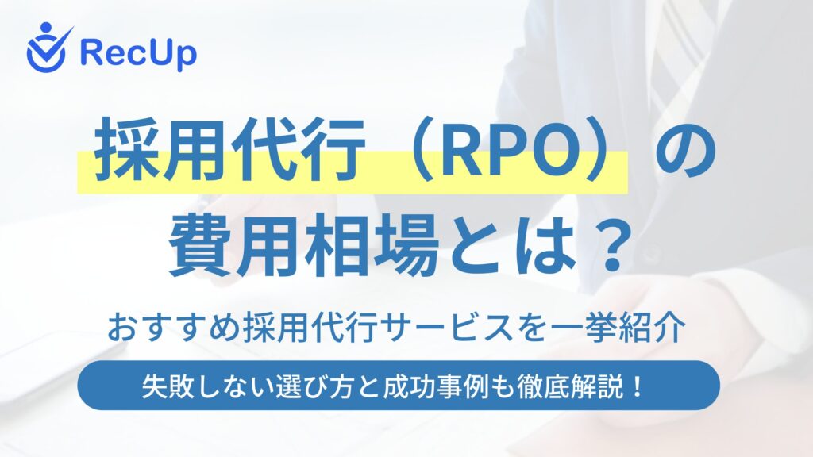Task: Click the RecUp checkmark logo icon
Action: pyautogui.click(x=46, y=48)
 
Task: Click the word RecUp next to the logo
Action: pyautogui.click(x=138, y=53)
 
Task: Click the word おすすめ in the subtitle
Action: pyautogui.click(x=174, y=328)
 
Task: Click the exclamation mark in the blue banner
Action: pyautogui.click(x=637, y=386)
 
